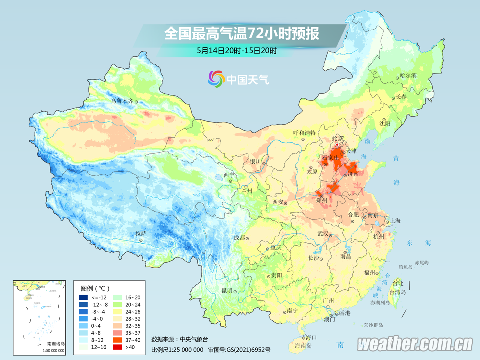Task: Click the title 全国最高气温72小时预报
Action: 241,34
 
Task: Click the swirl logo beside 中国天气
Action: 216,79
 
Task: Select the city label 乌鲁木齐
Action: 122,101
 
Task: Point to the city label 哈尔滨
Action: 408,75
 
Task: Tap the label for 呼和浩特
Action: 304,133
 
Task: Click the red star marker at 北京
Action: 337,144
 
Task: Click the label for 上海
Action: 395,220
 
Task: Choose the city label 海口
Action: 312,337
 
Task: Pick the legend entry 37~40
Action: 131,339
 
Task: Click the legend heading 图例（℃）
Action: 95,288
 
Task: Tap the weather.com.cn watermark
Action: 415,344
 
